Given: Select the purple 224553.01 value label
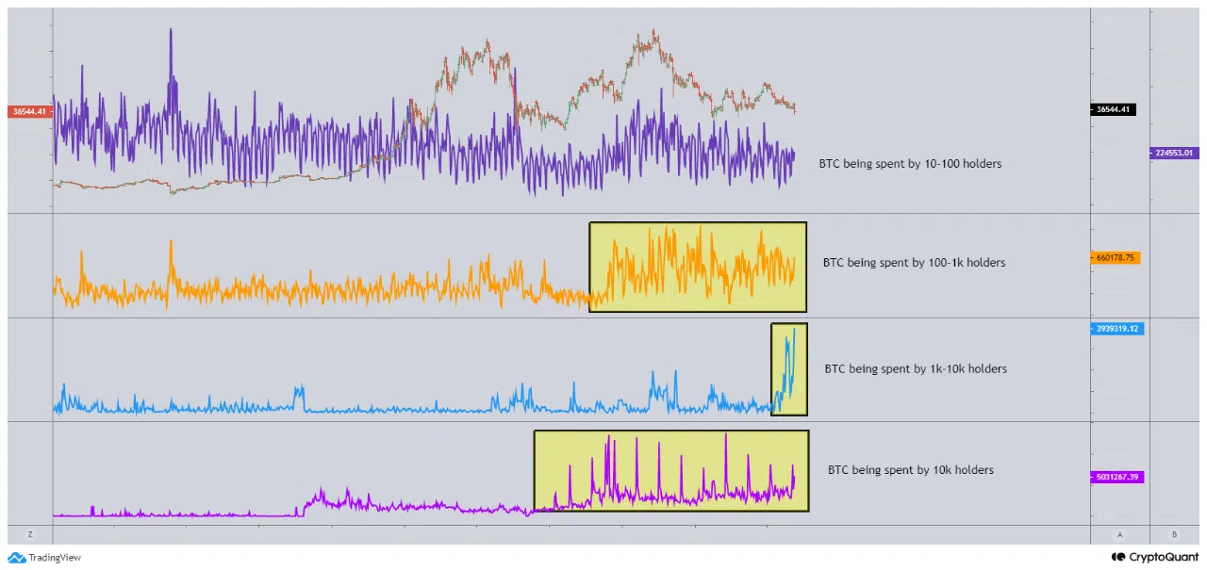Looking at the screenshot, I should coord(1174,153).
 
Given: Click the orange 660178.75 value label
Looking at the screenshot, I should coord(1116,257).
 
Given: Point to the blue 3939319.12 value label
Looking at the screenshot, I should coord(1118,329).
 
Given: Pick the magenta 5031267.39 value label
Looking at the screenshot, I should coord(1118,477).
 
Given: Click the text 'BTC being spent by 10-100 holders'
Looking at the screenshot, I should coord(910,164).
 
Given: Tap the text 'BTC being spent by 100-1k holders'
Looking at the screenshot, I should coord(914,263).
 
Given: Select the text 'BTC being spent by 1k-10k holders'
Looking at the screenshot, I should coord(916,369).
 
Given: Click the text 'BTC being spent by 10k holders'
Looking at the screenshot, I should coord(910,470).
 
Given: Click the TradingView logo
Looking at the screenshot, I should coord(45,558).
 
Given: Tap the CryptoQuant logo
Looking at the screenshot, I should coord(1149,557).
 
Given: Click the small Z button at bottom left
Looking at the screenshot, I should coord(30,534).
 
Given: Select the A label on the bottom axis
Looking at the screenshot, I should coord(1119,534).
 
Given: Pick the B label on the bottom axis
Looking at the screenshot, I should coord(1174,534).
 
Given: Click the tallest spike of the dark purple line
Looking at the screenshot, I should coord(171,30).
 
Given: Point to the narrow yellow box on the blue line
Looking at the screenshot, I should coord(788,369).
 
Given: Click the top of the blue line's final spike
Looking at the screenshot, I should coord(794,329).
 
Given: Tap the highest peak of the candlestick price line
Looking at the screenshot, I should coord(653,32).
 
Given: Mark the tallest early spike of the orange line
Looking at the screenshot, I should coord(171,242).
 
